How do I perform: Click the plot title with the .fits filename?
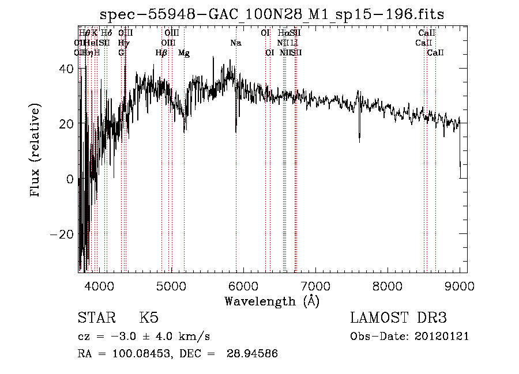click(x=272, y=14)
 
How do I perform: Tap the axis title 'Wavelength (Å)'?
click(x=272, y=301)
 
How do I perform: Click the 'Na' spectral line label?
click(x=235, y=43)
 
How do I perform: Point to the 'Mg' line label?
click(x=184, y=53)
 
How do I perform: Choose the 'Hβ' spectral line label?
click(x=161, y=53)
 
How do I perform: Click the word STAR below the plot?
click(x=95, y=318)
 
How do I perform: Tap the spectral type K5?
click(x=149, y=318)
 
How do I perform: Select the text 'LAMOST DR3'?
click(x=398, y=318)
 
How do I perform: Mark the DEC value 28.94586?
click(x=254, y=354)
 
